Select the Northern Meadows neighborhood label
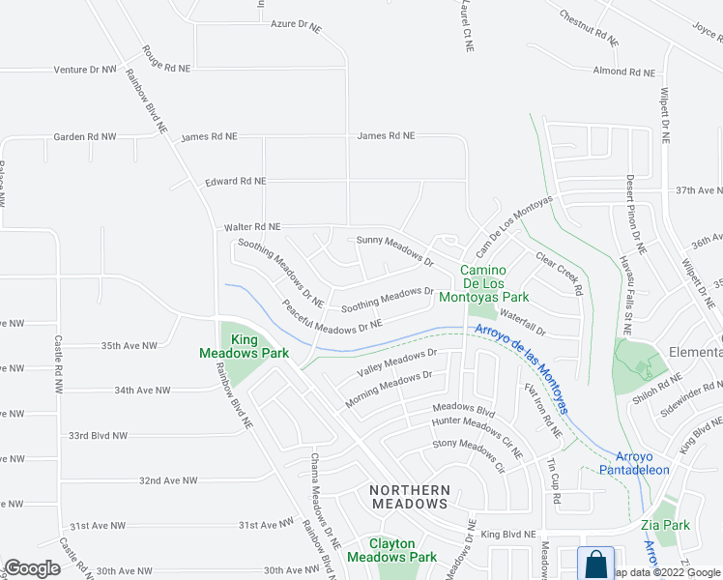(x=410, y=497)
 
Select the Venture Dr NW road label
(x=85, y=70)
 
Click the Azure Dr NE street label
(x=296, y=25)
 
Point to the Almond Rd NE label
(x=623, y=72)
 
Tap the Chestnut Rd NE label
(x=588, y=28)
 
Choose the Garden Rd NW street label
(x=85, y=137)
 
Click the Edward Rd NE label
(x=235, y=181)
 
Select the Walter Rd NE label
(x=251, y=227)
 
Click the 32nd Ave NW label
(x=168, y=480)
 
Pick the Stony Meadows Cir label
(x=469, y=454)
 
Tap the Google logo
(x=32, y=568)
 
